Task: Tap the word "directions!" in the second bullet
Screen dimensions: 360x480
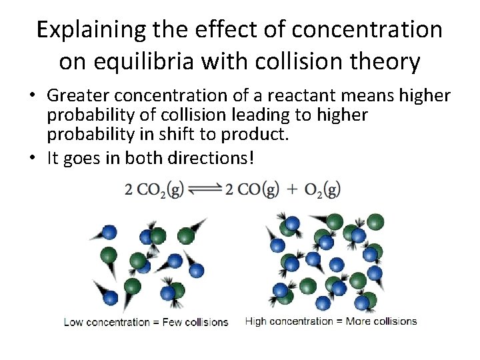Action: tap(213, 159)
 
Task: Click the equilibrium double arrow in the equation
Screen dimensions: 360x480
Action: tap(205, 191)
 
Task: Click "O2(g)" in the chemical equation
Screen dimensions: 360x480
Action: tap(322, 191)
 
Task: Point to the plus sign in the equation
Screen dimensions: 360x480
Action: tap(292, 191)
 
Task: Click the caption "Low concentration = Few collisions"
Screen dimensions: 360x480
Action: tap(146, 322)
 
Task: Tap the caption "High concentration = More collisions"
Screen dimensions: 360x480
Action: tap(331, 321)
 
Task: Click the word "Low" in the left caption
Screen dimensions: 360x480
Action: tap(73, 322)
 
